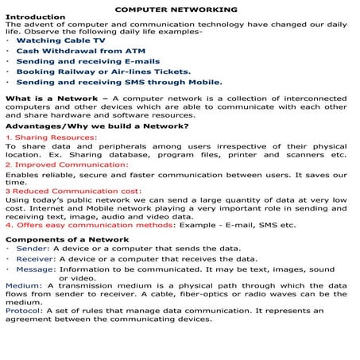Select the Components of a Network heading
pos(67,239)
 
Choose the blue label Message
pos(36,269)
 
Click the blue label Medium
pos(24,285)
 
